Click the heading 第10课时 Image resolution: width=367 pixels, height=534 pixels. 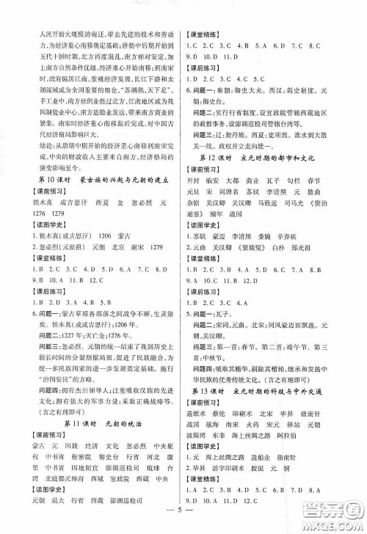pos(51,181)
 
